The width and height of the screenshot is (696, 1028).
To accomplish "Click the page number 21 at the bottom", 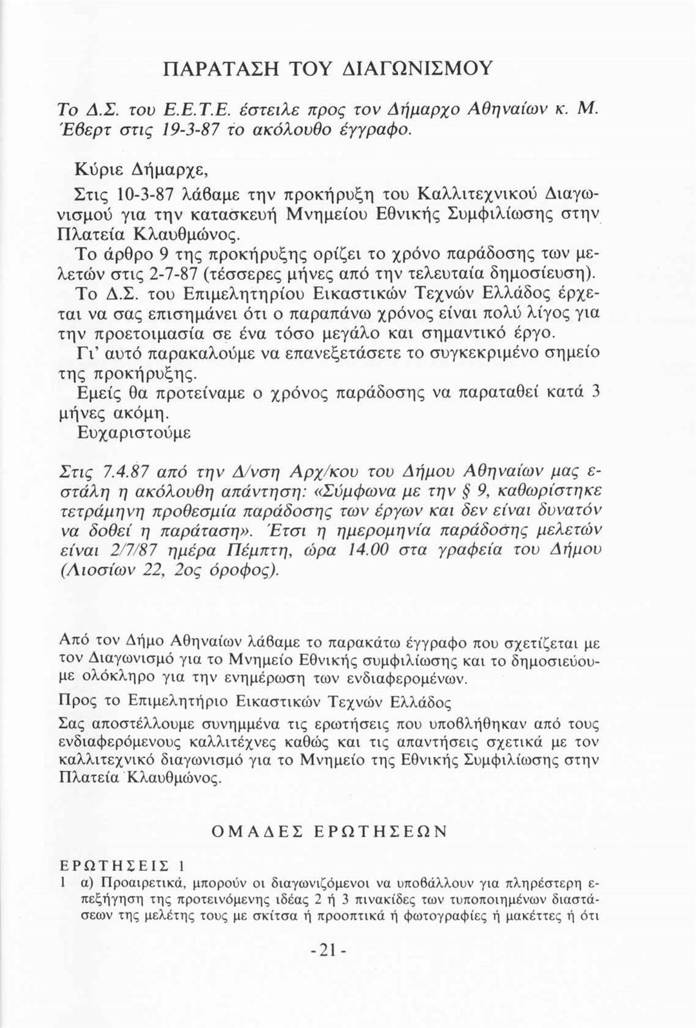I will pyautogui.click(x=329, y=953).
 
